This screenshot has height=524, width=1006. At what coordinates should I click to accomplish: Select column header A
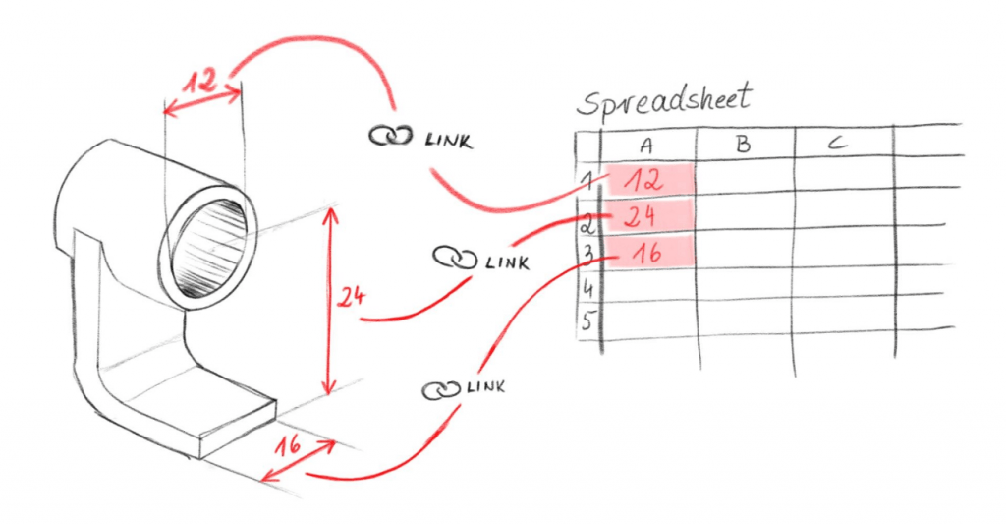pyautogui.click(x=646, y=145)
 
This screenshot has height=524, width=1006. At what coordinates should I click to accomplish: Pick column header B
pyautogui.click(x=743, y=145)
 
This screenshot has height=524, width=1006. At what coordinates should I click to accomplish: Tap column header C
pyautogui.click(x=837, y=144)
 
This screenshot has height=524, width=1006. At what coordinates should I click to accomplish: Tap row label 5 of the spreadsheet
pyautogui.click(x=587, y=321)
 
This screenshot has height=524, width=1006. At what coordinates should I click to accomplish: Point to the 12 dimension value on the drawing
pyautogui.click(x=200, y=82)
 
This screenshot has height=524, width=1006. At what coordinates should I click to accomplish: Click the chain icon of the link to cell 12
pyautogui.click(x=388, y=137)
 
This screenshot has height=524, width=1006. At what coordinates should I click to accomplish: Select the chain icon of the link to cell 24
pyautogui.click(x=453, y=259)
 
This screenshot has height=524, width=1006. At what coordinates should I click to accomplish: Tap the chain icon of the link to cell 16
pyautogui.click(x=440, y=389)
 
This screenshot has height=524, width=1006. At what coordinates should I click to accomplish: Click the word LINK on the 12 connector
pyautogui.click(x=446, y=140)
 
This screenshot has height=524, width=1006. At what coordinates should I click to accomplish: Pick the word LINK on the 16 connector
pyautogui.click(x=485, y=387)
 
